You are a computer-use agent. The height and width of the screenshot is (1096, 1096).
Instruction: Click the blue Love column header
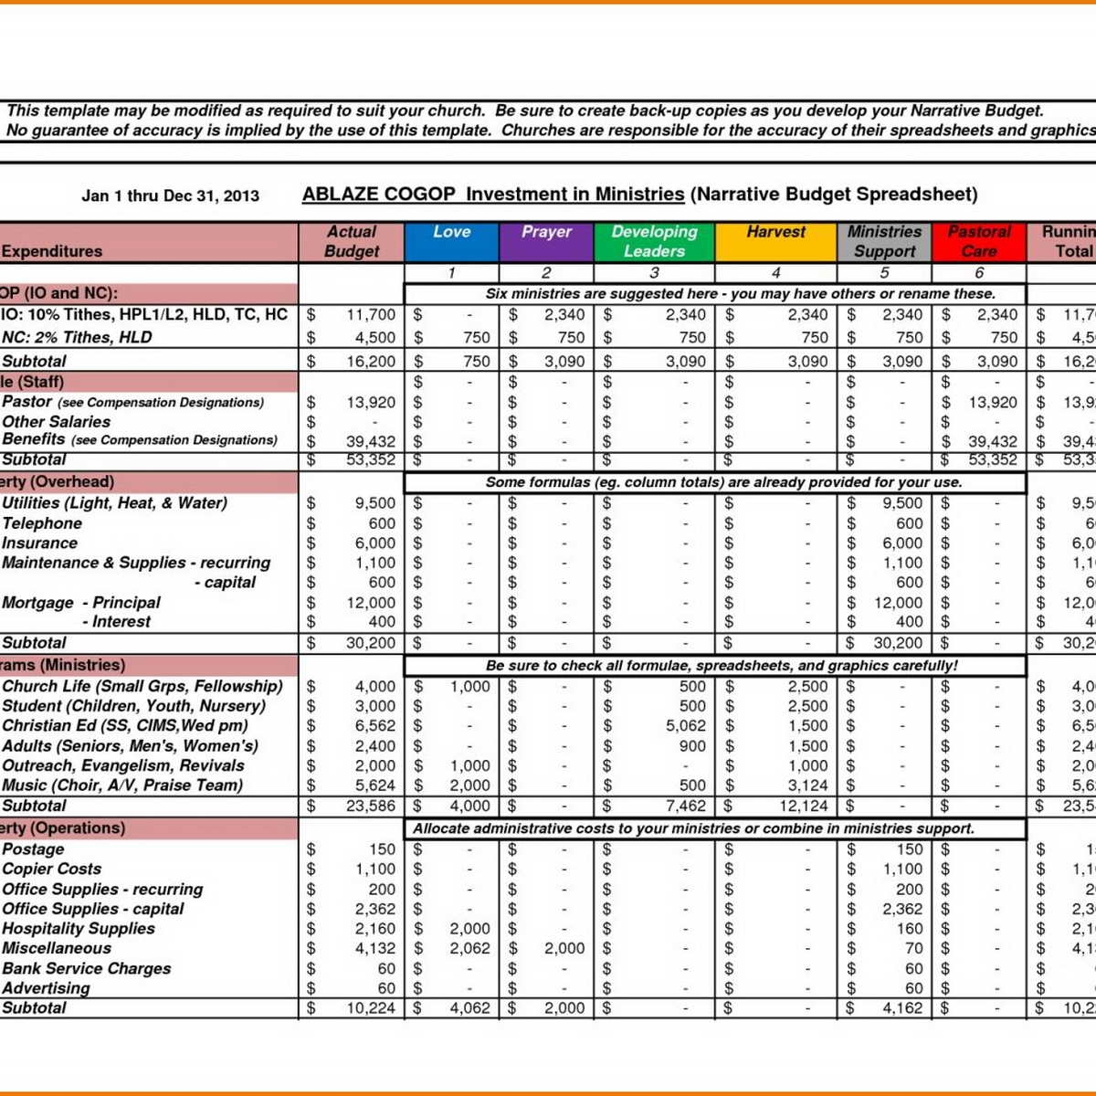point(451,241)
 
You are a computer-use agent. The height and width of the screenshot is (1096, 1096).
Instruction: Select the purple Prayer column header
point(546,241)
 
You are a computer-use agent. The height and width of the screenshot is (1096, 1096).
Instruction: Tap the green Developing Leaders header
point(654,241)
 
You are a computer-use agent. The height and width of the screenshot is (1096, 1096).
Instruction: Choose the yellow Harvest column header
point(775,241)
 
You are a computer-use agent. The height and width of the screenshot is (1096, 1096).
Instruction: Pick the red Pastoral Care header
point(978,241)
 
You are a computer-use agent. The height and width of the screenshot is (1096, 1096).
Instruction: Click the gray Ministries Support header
point(883,241)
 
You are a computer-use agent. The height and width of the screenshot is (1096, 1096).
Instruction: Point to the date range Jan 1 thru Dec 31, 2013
point(171,195)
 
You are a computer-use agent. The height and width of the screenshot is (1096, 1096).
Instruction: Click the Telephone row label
point(42,523)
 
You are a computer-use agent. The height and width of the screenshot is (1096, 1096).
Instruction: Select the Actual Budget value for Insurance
point(374,543)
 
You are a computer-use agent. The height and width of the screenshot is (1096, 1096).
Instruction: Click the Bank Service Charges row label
point(86,968)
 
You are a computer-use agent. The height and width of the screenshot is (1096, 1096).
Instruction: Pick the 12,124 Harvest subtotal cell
point(803,806)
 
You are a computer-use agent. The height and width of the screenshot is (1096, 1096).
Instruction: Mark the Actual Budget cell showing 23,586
point(370,806)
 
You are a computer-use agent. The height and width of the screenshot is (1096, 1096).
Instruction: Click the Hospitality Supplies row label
point(79,928)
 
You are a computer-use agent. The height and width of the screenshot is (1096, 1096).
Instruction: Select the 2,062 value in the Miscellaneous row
point(469,948)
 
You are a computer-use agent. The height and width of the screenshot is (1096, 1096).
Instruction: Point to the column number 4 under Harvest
point(775,272)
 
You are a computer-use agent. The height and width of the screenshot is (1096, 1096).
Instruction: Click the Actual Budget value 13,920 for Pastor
point(370,402)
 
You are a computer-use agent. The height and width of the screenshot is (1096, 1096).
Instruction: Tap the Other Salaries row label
point(56,422)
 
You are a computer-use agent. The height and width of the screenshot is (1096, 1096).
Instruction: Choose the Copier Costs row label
point(52,869)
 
